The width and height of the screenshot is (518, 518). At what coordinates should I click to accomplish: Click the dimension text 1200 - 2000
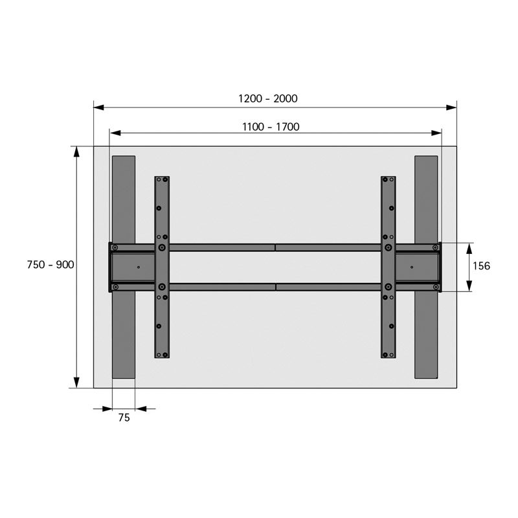tap(268, 98)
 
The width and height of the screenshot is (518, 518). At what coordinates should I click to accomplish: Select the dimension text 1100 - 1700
tap(271, 127)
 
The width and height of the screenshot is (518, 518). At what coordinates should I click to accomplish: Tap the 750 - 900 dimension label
tap(51, 265)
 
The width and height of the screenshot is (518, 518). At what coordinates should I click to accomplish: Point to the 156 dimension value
tap(481, 266)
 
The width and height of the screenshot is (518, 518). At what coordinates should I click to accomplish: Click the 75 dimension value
tap(124, 418)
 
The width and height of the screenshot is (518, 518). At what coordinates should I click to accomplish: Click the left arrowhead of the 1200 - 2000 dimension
tap(99, 107)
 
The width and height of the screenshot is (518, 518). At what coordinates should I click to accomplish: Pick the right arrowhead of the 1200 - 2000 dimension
tap(451, 107)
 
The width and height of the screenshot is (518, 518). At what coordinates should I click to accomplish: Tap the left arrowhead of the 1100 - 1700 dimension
tap(115, 133)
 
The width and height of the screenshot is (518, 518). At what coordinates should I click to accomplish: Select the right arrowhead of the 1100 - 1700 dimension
tap(436, 133)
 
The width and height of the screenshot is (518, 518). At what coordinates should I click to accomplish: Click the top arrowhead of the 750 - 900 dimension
tap(76, 152)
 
